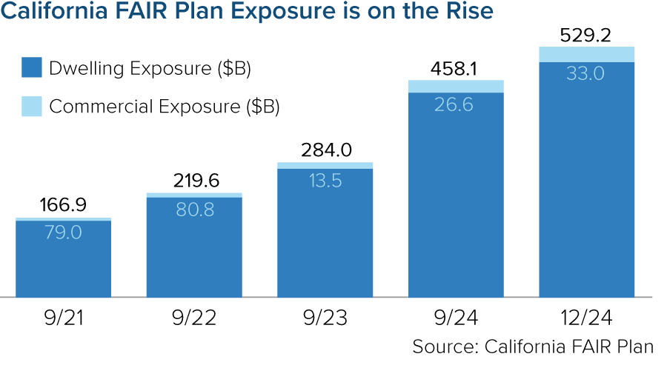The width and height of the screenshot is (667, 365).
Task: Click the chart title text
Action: [x=248, y=13]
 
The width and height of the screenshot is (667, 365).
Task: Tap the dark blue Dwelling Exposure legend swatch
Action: [x=30, y=68]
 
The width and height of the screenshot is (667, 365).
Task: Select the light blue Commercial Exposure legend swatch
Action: [x=30, y=105]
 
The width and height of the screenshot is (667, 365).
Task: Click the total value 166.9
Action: [x=64, y=205]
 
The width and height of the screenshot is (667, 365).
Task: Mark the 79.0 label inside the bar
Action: [x=64, y=233]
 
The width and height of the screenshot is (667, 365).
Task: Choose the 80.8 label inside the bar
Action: [x=194, y=210]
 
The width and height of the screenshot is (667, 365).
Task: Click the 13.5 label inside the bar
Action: [x=325, y=181]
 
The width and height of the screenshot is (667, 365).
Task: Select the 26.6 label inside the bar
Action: [x=456, y=104]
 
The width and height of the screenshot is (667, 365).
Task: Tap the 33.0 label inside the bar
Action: [x=586, y=74]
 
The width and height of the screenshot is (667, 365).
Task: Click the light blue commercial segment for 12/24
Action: [x=586, y=54]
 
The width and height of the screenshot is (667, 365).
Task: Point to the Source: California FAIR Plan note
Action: [x=533, y=346]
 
